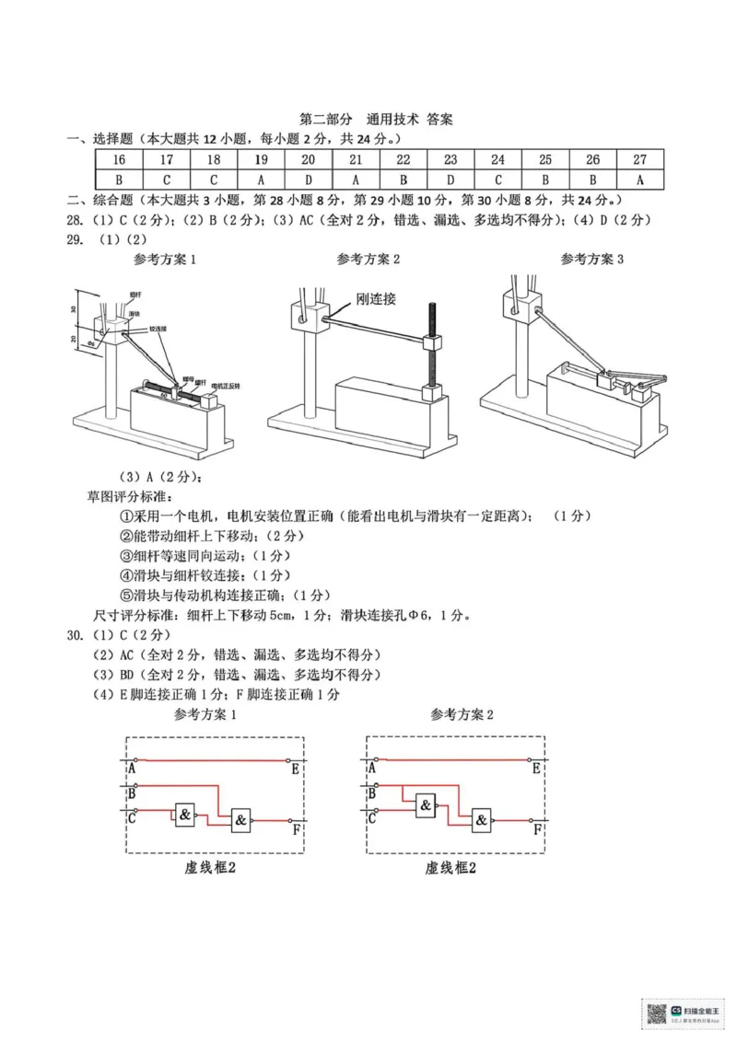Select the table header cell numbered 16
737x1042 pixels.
point(118,159)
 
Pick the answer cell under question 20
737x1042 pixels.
point(308,179)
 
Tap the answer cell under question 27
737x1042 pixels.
point(639,179)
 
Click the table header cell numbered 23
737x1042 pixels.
point(450,159)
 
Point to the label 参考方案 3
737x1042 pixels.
point(591,260)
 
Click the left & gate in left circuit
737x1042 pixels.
point(185,814)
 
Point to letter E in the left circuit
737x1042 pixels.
point(294,769)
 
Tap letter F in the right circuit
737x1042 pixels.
point(536,830)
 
